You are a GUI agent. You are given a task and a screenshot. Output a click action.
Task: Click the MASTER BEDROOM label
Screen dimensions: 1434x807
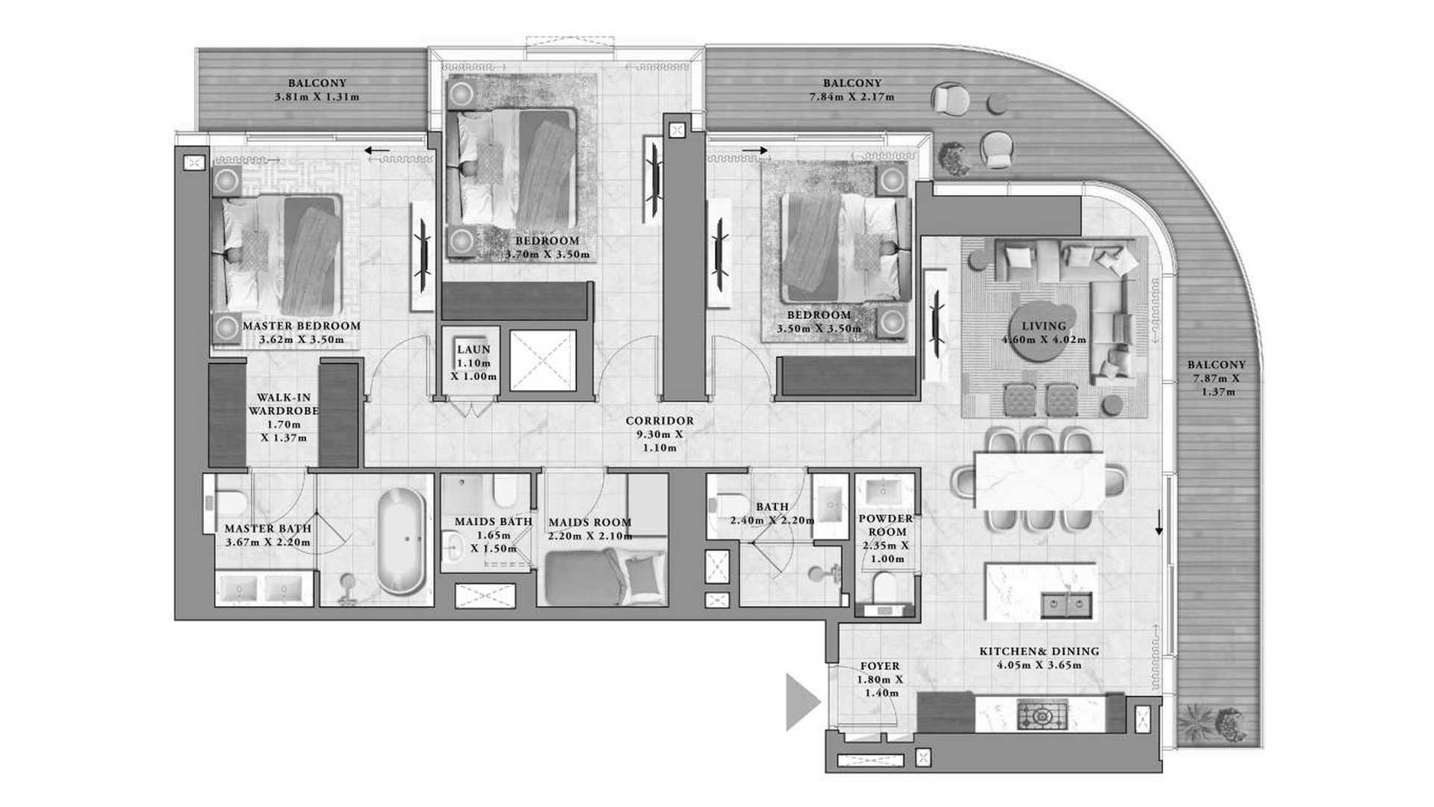coord(302,326)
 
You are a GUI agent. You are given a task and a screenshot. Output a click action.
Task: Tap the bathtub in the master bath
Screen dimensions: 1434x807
coord(401,541)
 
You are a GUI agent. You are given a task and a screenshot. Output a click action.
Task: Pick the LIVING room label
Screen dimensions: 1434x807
coord(1044,326)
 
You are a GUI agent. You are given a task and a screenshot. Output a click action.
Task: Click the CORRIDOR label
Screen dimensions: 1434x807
coord(659,421)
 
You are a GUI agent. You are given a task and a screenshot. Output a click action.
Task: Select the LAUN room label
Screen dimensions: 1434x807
coord(474,349)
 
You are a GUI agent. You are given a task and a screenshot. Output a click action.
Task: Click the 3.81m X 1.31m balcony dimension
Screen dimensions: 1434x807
coord(317,97)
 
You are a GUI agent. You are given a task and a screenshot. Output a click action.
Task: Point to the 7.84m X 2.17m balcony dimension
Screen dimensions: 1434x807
coord(851,97)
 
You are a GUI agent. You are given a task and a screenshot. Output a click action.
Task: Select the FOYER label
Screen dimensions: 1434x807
coord(880,666)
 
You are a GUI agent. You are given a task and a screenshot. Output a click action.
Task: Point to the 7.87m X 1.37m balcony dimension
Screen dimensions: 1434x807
coord(1217,378)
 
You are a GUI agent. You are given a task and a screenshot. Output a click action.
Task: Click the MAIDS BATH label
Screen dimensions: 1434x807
coord(494,522)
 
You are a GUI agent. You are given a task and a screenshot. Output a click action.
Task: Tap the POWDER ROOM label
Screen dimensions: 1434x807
coord(886,525)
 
